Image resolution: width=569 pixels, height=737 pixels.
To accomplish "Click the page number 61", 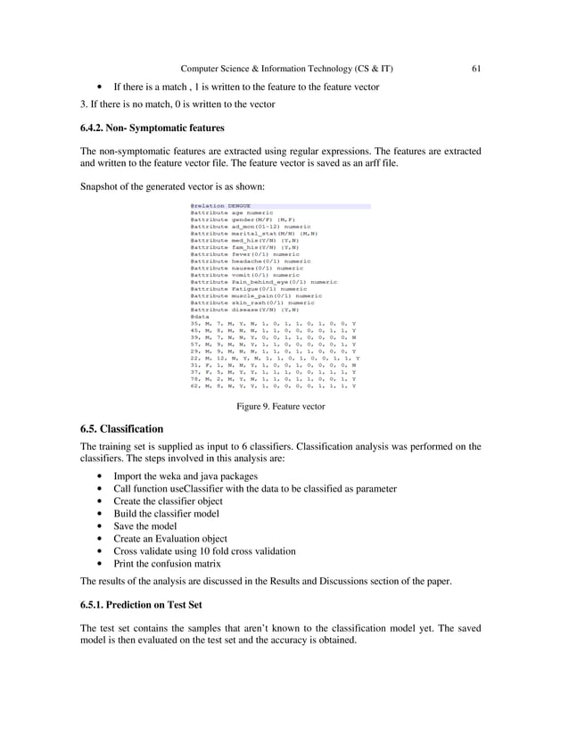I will [476, 68].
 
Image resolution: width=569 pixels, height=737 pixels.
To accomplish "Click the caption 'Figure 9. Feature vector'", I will [280, 406].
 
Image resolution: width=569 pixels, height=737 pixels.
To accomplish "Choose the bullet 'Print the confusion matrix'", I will [177, 563].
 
